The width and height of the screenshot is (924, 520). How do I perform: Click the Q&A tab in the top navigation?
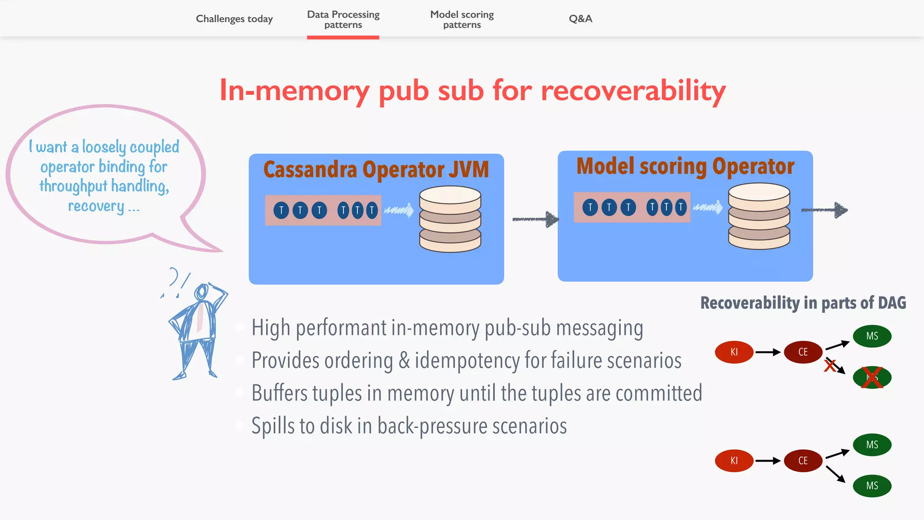pos(580,19)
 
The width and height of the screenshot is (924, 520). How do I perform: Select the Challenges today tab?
pos(234,19)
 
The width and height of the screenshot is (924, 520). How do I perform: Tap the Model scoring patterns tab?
pos(462,20)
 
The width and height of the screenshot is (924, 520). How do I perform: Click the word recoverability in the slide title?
pos(633,91)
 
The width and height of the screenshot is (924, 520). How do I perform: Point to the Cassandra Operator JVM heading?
pos(376,170)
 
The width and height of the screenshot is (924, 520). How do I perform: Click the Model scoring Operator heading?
pos(685,167)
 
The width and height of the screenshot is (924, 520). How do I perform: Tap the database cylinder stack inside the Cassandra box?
pos(450,219)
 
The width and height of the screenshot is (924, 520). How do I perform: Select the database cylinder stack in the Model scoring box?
pos(759,216)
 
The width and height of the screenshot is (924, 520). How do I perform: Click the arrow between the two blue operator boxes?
pos(536,219)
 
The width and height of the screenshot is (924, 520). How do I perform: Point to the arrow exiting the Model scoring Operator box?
pos(824,210)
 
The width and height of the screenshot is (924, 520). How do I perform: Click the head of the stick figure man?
pos(201,292)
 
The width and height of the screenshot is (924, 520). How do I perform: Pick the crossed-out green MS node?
pos(872,377)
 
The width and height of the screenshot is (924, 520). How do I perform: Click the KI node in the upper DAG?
pos(734,352)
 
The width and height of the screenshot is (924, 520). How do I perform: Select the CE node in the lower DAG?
pos(803,461)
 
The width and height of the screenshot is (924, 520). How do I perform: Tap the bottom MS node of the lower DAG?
pos(872,486)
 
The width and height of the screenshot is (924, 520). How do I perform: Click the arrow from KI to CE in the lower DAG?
pos(768,461)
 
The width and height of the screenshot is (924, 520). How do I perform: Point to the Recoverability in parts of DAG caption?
pos(803,303)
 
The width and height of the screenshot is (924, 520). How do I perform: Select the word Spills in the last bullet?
pos(272,426)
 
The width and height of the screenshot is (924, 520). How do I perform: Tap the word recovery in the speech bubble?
pos(96,206)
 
